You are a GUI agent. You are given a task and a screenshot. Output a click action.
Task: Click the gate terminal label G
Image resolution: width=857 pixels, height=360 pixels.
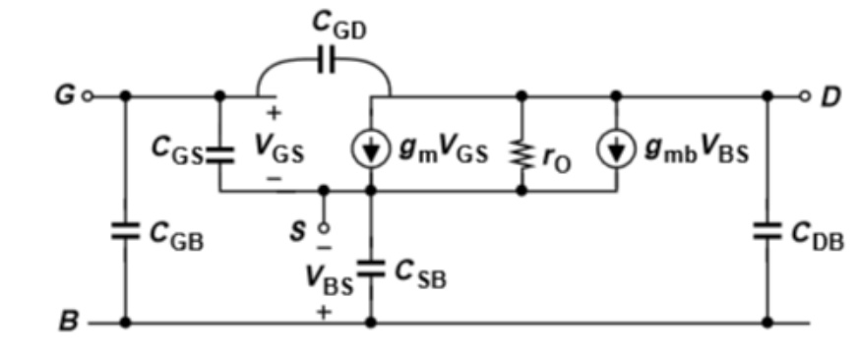coord(65,96)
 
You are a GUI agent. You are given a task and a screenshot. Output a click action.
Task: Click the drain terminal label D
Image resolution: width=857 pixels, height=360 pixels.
coord(829,97)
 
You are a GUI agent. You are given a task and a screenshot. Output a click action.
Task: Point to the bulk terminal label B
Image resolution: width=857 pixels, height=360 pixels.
coord(68,322)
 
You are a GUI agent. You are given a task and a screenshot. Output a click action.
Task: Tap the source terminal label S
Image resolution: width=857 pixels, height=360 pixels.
coord(298,231)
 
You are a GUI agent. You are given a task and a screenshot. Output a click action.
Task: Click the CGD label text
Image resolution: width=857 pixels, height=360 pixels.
coord(338,26)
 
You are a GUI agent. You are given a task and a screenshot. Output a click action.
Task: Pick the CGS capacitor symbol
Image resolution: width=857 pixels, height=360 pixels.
coord(219,155)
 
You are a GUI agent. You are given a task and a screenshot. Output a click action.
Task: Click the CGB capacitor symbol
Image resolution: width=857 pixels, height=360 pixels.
coord(126,231)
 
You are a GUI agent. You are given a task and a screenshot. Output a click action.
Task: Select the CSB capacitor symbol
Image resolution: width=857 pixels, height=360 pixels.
coord(371,269)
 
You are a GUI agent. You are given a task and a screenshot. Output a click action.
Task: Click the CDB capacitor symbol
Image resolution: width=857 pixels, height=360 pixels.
coord(767,231)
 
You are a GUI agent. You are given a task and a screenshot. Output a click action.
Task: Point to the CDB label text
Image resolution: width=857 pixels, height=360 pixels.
coord(817,236)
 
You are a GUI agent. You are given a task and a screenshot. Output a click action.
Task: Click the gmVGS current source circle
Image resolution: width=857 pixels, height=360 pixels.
coord(371,150)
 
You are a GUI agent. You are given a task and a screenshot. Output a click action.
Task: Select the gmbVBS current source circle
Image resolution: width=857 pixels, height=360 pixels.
coord(617,150)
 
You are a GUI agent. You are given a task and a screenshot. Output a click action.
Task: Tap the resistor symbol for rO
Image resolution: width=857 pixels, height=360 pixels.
coord(521,154)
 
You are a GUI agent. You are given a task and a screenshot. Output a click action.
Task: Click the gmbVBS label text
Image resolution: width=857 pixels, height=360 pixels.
coord(697,150)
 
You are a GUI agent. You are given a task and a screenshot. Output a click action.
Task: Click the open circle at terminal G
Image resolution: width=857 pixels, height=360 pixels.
coord(87,96)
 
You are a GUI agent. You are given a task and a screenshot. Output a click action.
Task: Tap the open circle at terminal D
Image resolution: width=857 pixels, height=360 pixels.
coord(804,96)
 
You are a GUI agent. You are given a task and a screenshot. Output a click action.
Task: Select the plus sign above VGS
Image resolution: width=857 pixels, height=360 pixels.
coord(274,113)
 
